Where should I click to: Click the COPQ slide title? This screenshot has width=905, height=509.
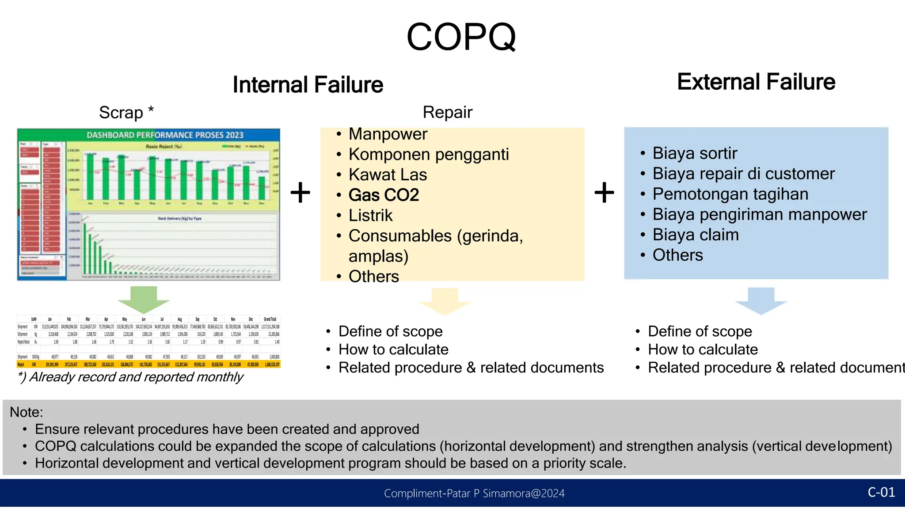[461, 37]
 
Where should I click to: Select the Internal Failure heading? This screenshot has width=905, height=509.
[308, 85]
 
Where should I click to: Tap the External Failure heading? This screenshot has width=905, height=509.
[756, 82]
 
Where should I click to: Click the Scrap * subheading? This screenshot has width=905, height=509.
[126, 113]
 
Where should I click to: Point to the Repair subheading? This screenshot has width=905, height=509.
[447, 112]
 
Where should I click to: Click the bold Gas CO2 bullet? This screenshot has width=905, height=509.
[383, 195]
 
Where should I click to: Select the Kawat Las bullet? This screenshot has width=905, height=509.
[387, 175]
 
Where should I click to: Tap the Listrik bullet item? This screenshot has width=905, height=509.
[370, 215]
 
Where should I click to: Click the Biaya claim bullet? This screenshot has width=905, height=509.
[695, 235]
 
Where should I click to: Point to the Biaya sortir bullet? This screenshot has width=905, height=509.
[694, 153]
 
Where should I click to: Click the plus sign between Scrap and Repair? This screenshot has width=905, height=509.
[300, 193]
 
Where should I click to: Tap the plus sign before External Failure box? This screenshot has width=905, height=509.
[604, 193]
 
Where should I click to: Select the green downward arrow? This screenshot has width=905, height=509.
[144, 299]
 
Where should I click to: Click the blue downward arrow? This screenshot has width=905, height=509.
[761, 300]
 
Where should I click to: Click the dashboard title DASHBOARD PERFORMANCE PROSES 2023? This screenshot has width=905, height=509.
[165, 135]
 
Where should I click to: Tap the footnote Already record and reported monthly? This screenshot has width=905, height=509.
[131, 377]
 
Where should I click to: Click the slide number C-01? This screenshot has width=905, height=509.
[881, 492]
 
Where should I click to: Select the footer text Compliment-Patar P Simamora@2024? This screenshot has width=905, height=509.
[474, 494]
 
